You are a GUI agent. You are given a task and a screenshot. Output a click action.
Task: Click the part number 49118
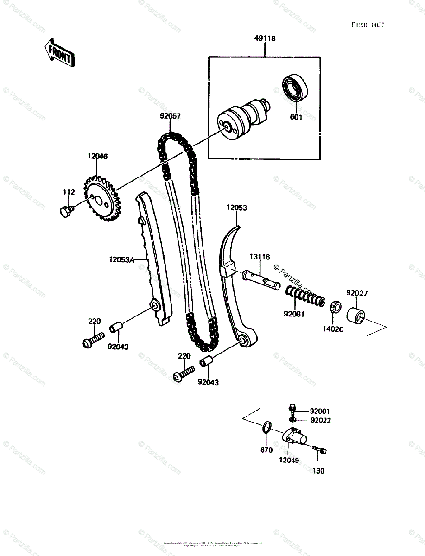pos(265,39)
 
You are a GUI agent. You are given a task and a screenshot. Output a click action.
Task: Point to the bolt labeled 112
pos(66,211)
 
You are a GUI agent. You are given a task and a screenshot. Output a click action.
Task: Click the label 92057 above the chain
pos(171,116)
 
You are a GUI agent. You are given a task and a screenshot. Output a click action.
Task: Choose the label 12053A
pos(121,260)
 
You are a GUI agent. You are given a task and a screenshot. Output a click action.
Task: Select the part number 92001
pos(321,411)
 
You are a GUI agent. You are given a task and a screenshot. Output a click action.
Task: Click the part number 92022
pos(321,421)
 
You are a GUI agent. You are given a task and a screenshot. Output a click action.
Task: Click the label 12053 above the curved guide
pos(237,208)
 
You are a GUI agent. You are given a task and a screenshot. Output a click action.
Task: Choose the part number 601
pos(296,117)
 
